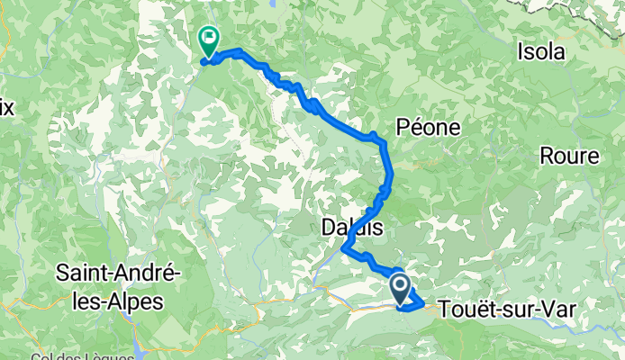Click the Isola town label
[x=541, y=52]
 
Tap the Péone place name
[x=429, y=127]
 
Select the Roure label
[x=569, y=156]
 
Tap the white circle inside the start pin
[x=401, y=285]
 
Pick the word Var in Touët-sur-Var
[x=557, y=309]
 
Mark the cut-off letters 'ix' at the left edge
[x=6, y=108]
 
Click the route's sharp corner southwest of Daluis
[x=343, y=251]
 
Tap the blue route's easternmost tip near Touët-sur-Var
[x=424, y=303]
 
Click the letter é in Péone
[x=418, y=127]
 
